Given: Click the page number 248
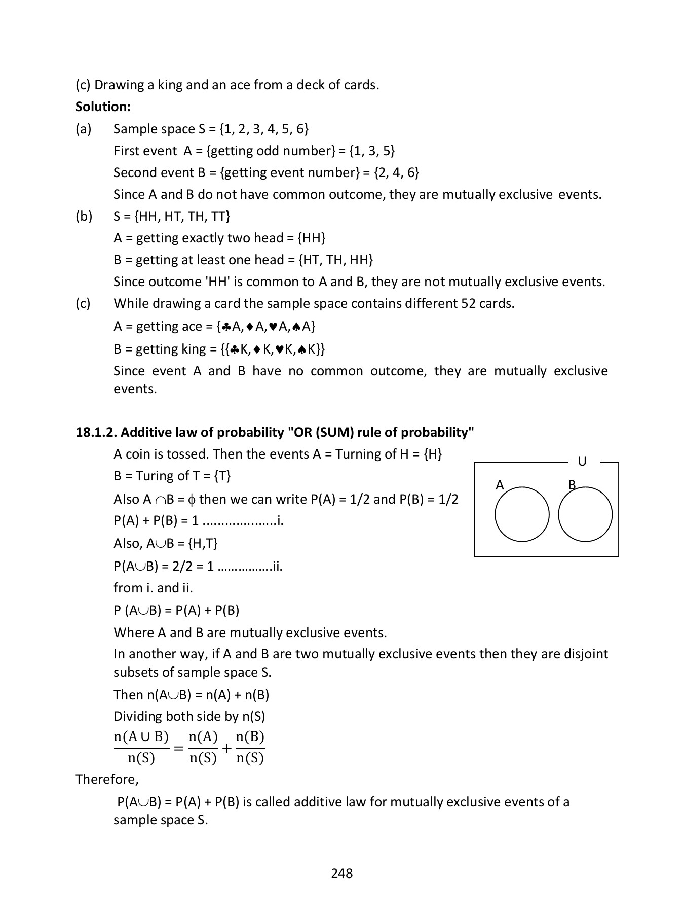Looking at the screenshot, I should [x=341, y=873].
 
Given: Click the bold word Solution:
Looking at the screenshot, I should [x=103, y=107].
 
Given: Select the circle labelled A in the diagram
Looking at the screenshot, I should [x=522, y=514].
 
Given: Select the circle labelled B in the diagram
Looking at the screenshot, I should [x=585, y=514].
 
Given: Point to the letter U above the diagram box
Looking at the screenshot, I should [x=582, y=462].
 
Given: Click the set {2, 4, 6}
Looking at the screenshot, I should [x=396, y=172].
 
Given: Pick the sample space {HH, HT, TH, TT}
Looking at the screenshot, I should [x=182, y=216].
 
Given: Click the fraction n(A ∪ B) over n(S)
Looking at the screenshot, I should [x=141, y=747].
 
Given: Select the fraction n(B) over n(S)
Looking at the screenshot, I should [x=250, y=747].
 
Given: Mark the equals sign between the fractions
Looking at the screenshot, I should [x=178, y=748].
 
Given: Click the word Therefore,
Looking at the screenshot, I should [x=107, y=779].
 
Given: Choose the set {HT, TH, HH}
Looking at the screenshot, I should [x=336, y=260].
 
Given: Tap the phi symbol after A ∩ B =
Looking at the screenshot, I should [x=191, y=500].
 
